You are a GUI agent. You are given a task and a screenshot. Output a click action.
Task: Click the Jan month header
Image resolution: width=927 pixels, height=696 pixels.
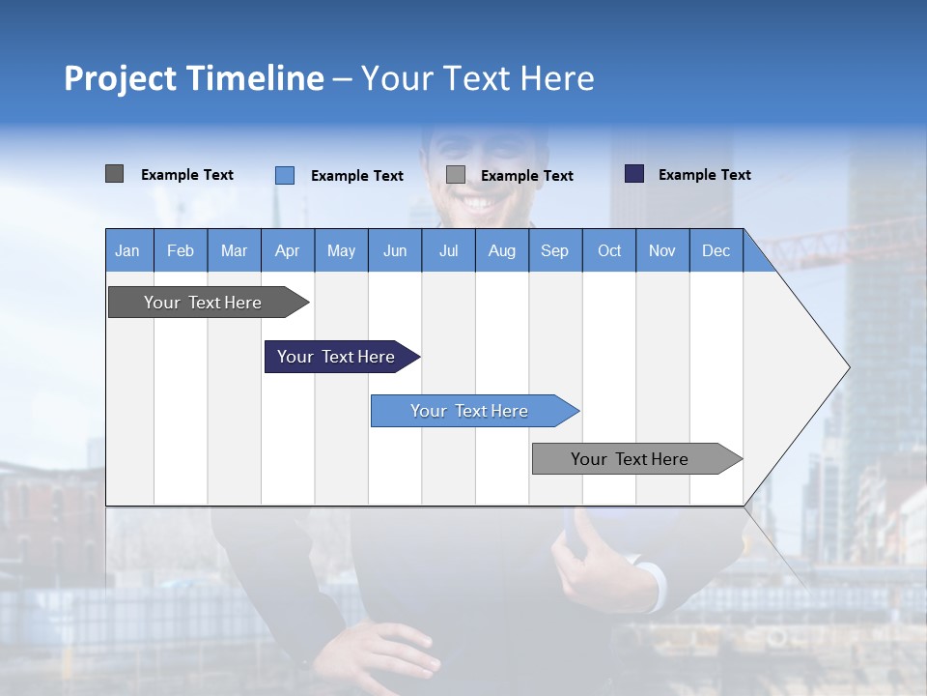tap(127, 250)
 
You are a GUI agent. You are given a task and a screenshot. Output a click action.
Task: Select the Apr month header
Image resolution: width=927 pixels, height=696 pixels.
tap(287, 250)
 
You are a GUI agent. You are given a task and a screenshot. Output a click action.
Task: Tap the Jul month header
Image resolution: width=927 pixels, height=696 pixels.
tap(448, 250)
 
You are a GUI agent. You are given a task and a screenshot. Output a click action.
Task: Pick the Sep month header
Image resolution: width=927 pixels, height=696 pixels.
tap(554, 250)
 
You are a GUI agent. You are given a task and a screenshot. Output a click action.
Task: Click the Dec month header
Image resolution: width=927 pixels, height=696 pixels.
tap(716, 250)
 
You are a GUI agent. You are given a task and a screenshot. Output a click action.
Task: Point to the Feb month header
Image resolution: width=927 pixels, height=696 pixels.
tap(181, 250)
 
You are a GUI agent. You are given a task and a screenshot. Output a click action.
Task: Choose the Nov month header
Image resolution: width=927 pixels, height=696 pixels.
tap(661, 250)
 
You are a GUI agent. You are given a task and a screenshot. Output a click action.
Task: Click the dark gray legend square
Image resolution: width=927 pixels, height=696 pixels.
tap(114, 174)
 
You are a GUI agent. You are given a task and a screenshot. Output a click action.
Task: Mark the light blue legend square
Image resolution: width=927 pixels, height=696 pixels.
tap(284, 175)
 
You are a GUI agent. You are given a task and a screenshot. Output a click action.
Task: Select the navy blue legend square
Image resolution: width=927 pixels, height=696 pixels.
tap(634, 174)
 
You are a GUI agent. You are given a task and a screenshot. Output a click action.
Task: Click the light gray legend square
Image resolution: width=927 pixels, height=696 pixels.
tap(456, 175)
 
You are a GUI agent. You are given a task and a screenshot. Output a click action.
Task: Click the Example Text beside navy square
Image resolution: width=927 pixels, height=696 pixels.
tap(704, 175)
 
